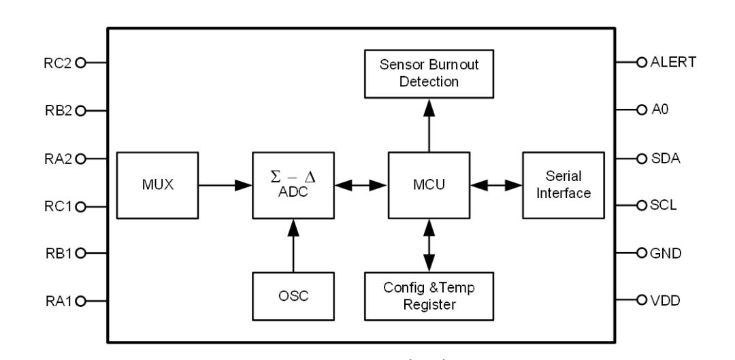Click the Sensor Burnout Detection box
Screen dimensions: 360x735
[x=429, y=73]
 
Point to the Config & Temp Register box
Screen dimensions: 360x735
[x=429, y=297]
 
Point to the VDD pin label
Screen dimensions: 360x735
[x=665, y=299]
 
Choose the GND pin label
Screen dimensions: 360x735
[x=665, y=253]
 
